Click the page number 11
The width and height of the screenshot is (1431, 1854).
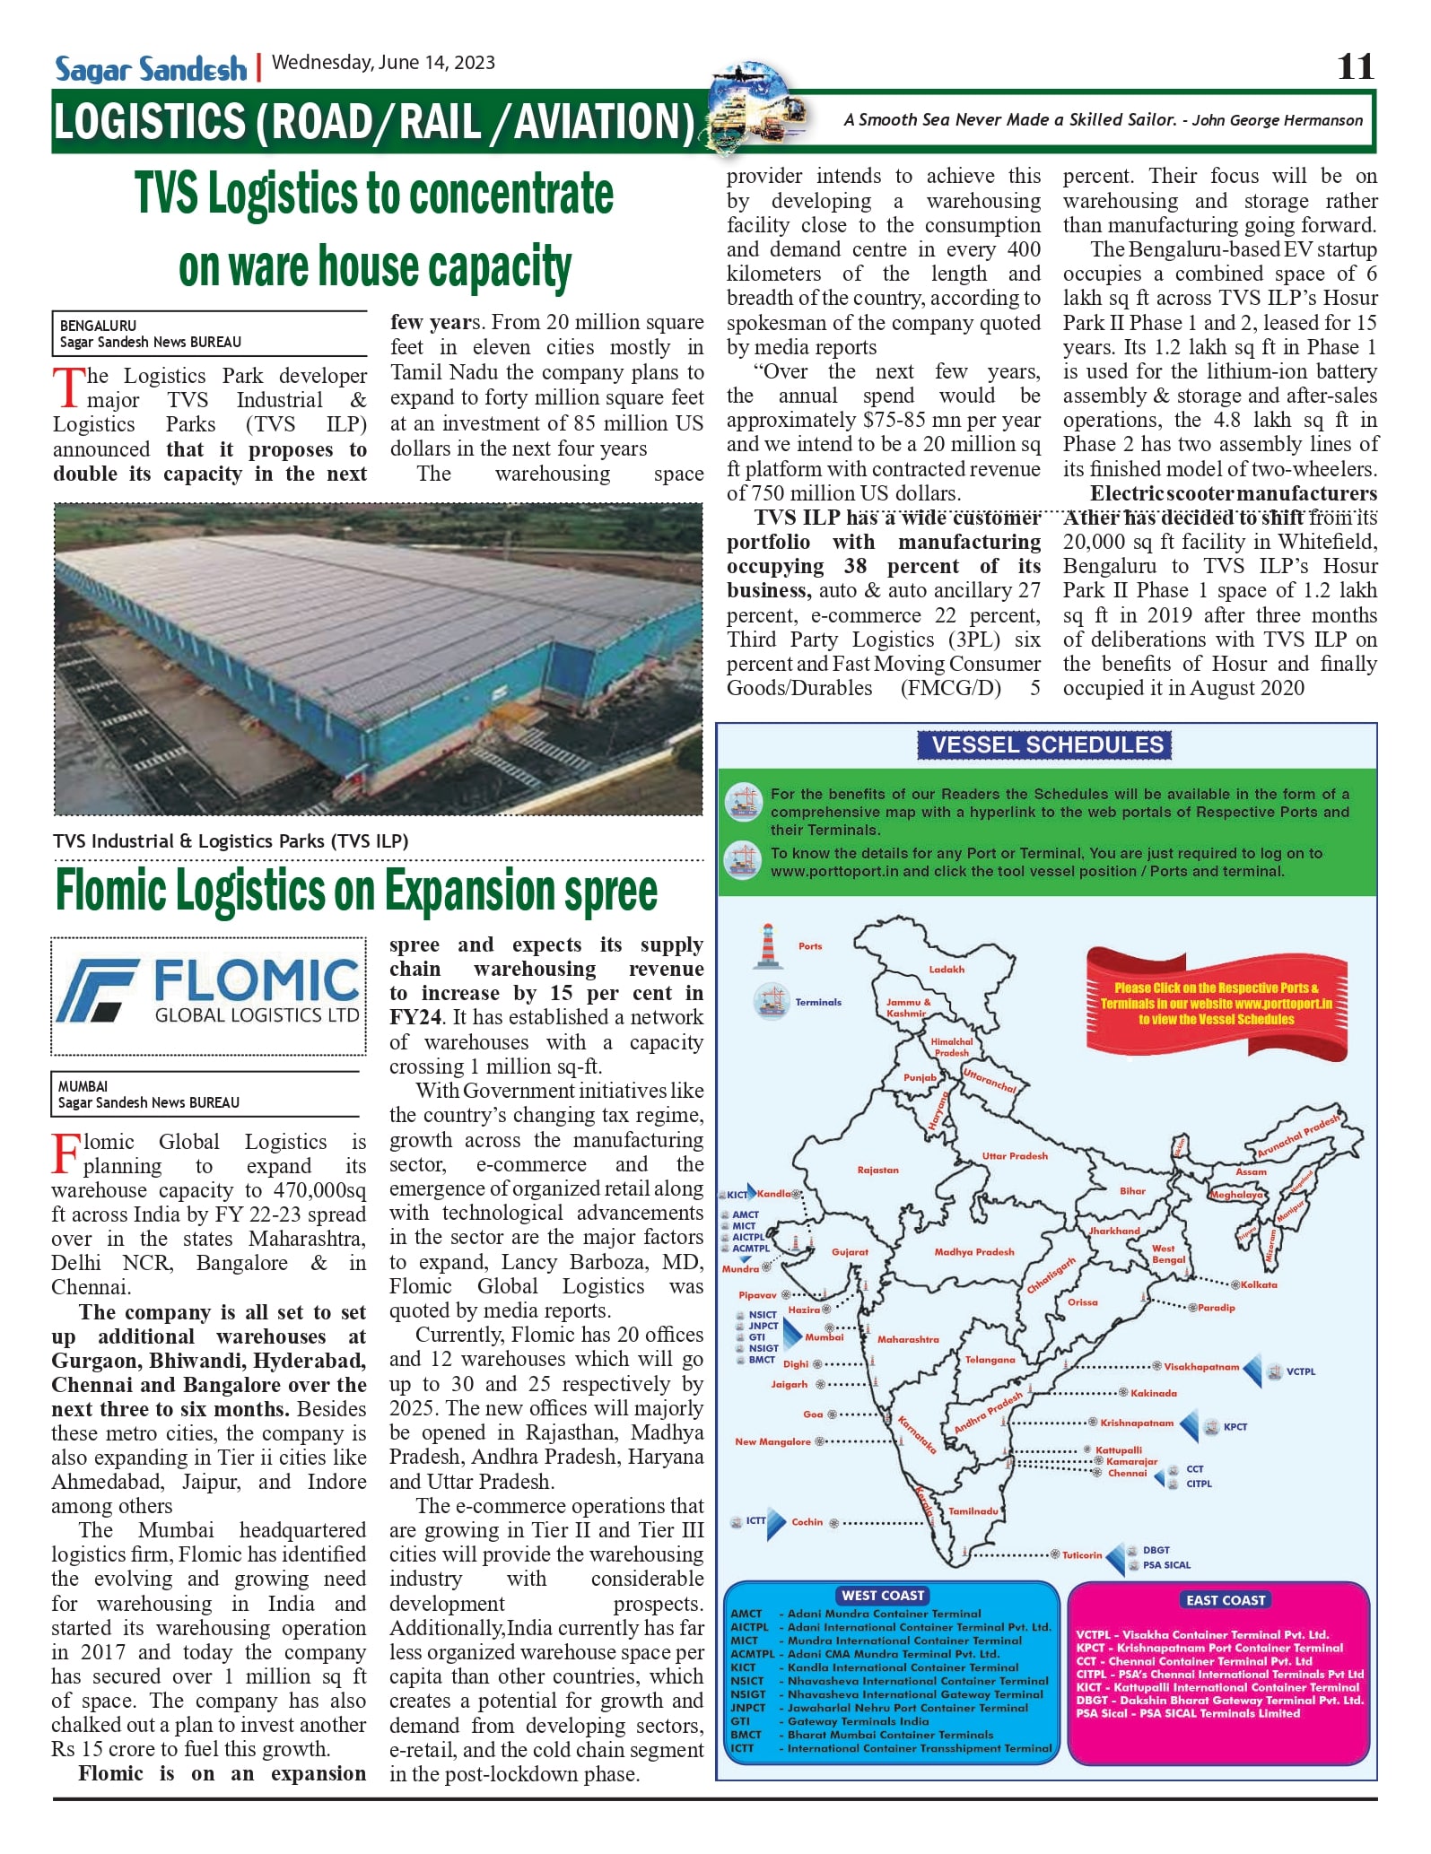1355,66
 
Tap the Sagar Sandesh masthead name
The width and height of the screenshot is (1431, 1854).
151,69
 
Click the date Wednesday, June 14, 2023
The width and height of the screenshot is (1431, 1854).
383,63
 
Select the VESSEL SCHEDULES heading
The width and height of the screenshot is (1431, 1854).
1047,745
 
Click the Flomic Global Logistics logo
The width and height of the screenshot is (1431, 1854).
208,996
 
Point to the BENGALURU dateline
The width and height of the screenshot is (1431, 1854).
99,326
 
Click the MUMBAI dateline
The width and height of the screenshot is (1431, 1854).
83,1087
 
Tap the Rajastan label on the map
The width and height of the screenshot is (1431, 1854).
877,1171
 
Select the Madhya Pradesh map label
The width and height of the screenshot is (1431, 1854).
974,1252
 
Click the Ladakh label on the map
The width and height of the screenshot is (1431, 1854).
947,970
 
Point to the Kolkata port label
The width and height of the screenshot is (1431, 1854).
1260,1285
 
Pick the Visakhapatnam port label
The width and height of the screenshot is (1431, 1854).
1201,1367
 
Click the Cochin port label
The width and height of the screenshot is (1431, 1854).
807,1522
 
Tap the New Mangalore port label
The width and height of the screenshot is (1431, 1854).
772,1442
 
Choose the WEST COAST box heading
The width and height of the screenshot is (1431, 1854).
883,1596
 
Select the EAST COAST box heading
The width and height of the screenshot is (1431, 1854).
1226,1600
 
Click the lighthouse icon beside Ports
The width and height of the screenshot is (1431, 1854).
767,946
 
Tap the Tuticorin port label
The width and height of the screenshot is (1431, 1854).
1082,1555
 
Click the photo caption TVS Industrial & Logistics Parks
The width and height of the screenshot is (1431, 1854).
231,841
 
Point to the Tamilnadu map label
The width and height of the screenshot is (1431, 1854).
973,1511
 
